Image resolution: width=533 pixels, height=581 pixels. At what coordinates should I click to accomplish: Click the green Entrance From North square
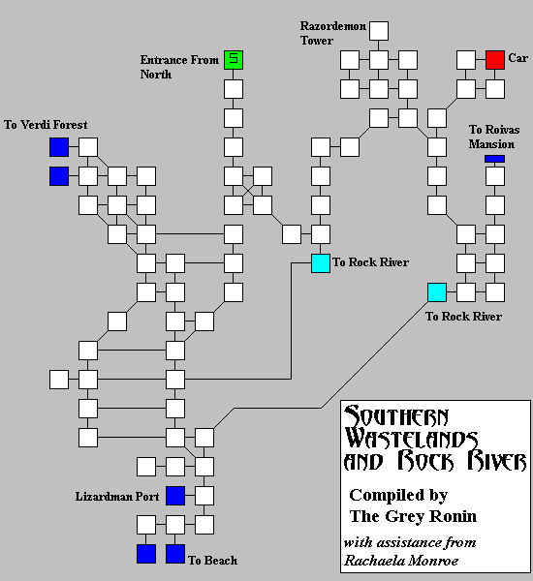234,60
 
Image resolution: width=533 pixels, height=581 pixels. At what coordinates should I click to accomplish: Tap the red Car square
495,60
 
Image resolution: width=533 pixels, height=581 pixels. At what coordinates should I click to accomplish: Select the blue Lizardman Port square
175,496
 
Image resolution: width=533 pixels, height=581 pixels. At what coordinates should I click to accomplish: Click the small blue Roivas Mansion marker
494,159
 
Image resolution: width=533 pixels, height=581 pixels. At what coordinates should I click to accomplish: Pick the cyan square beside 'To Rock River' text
321,263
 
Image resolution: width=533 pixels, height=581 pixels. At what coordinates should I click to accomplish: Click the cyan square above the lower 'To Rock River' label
437,292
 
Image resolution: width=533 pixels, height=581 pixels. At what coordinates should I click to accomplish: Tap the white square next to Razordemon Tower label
379,31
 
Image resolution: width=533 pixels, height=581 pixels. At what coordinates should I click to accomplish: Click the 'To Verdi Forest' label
46,125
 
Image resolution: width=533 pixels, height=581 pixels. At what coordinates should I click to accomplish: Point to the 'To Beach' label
212,561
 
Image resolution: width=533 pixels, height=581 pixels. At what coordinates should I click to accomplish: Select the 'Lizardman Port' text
117,497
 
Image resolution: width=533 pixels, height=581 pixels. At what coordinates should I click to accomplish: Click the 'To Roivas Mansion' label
493,137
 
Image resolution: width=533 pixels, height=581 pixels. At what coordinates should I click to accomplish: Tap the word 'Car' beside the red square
517,58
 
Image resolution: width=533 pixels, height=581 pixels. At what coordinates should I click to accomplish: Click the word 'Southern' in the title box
396,416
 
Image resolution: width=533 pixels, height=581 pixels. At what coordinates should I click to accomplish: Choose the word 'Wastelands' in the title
411,439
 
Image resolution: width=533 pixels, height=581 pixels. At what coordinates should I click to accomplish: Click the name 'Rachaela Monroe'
401,561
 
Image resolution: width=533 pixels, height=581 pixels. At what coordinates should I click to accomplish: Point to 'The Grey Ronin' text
413,516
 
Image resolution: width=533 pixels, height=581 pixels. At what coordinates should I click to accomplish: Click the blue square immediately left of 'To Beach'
175,554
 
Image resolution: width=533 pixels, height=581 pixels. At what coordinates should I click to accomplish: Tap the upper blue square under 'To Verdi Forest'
59,147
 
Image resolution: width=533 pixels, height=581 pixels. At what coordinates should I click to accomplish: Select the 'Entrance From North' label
179,67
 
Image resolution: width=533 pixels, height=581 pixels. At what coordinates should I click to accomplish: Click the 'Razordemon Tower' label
332,33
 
